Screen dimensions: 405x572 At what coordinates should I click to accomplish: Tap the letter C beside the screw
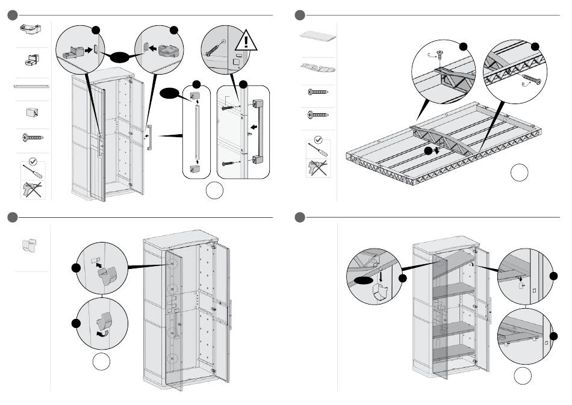click(429, 54)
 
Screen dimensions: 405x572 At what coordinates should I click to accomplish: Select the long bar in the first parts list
click(31, 86)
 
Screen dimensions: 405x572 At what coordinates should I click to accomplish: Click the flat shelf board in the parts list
click(317, 36)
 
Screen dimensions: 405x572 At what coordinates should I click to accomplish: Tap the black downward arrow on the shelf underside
click(429, 150)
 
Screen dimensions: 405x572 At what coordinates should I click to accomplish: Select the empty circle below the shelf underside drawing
click(520, 173)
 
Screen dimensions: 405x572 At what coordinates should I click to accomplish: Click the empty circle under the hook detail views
click(102, 362)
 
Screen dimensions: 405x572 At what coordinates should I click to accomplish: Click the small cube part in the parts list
click(31, 112)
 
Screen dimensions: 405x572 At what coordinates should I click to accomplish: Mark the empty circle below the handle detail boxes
click(215, 191)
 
